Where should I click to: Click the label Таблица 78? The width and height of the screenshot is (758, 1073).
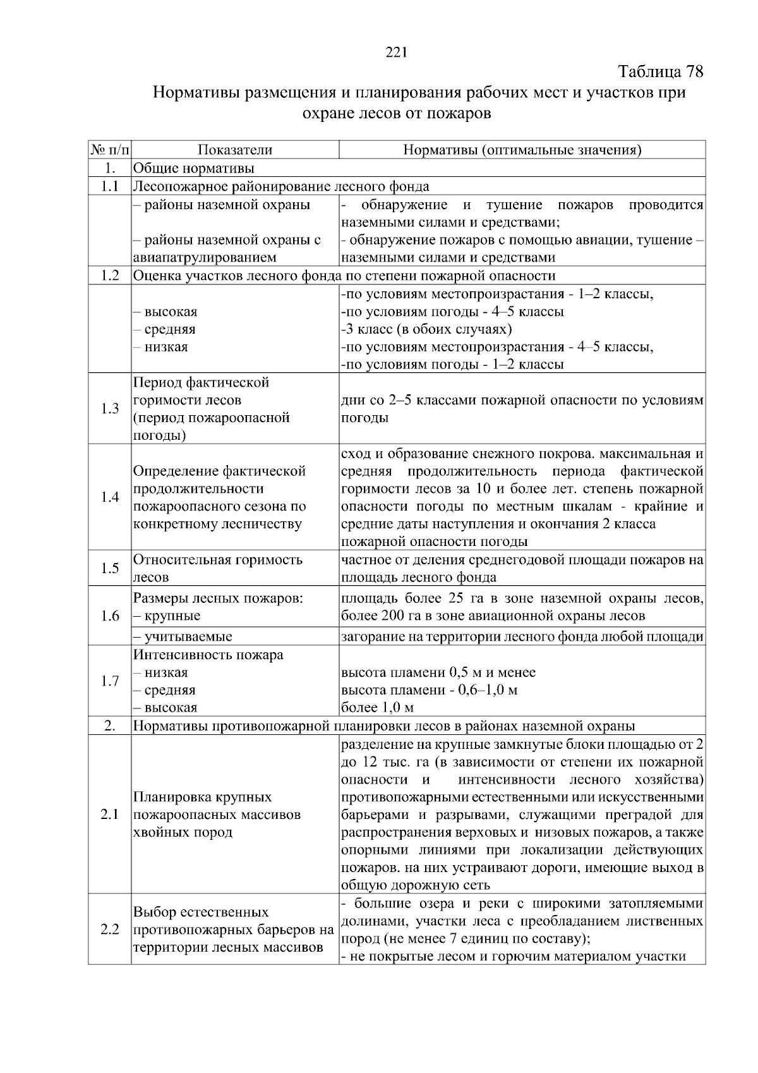(660, 71)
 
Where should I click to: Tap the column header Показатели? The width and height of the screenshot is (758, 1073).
(235, 150)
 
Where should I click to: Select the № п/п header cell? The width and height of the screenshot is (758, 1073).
(110, 150)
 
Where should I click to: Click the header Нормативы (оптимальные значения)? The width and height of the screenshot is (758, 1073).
(522, 150)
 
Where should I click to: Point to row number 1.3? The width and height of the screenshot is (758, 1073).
(110, 408)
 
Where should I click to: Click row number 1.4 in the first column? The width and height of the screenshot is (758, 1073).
(110, 497)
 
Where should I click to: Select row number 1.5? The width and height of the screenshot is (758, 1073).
(110, 568)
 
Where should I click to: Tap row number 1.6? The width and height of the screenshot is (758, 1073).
(110, 615)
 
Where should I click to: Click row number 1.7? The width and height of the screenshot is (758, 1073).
(110, 681)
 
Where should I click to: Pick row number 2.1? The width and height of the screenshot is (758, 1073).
(110, 815)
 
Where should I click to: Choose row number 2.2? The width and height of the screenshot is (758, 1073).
(110, 930)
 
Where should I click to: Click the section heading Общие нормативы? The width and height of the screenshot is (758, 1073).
(194, 168)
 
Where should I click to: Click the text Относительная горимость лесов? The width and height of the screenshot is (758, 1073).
(218, 568)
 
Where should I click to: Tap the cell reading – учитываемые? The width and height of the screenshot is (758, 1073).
(183, 636)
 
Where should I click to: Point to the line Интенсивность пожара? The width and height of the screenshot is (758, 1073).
(208, 655)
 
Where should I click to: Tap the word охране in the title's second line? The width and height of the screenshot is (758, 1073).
(327, 114)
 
